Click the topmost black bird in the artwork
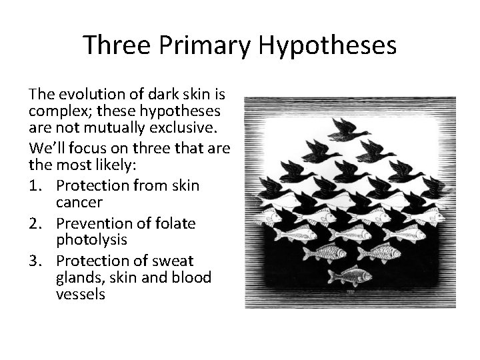coord(349,129)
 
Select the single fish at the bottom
coord(349,274)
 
